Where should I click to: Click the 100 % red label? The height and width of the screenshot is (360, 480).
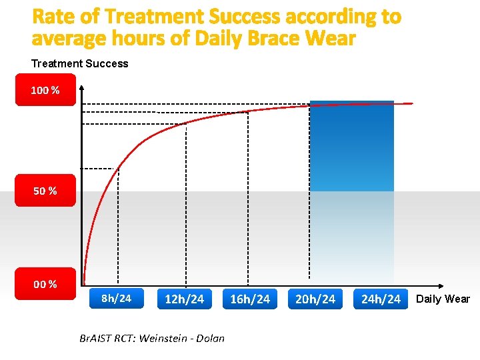pos(45,90)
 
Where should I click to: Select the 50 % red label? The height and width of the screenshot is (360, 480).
pos(45,191)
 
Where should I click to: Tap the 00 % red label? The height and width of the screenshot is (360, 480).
pos(45,284)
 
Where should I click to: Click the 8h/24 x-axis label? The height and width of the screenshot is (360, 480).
pos(116,298)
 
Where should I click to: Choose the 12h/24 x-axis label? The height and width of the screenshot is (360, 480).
pos(184,299)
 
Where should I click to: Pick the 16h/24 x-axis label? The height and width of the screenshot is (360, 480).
pos(250,299)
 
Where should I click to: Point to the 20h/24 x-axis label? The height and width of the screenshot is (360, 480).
pos(315,299)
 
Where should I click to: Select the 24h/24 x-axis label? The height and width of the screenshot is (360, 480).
pos(381,299)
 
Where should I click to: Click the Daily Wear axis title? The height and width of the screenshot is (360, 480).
pos(443,299)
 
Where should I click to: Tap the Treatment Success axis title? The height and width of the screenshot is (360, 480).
pos(80,63)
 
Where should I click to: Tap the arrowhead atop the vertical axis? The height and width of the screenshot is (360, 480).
pos(81,89)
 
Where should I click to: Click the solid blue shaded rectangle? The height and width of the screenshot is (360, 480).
pos(352,147)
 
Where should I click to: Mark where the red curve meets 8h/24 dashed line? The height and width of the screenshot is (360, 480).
pos(118,169)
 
